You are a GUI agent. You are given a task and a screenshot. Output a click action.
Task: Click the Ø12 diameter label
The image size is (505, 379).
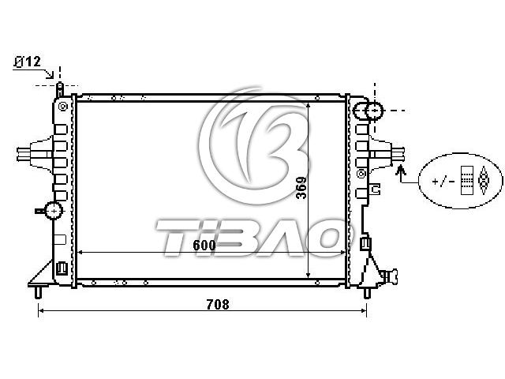point(28,62)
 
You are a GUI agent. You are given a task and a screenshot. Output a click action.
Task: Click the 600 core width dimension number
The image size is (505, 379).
point(204,246)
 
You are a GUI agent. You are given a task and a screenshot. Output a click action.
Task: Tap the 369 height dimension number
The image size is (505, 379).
point(301,188)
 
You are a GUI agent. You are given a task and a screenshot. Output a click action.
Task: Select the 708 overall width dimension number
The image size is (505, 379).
point(218,304)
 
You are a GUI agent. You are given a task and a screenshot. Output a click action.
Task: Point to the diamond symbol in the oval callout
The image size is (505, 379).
point(483,181)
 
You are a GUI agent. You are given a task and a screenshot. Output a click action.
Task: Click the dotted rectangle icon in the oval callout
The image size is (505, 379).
point(466,181)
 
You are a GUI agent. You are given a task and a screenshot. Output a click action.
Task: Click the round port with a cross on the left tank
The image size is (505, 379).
point(54,211)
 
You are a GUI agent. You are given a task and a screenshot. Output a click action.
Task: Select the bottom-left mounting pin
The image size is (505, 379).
point(39,291)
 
